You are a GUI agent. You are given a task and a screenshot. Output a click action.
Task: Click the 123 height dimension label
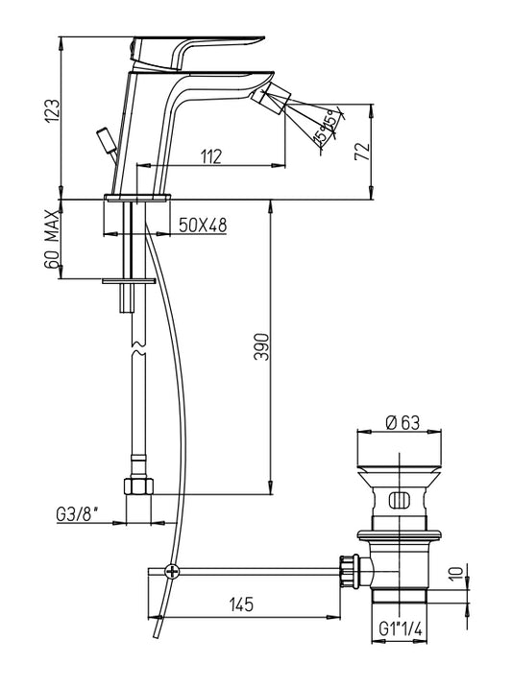pyautogui.click(x=51, y=111)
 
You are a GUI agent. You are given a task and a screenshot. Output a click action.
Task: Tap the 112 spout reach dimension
pyautogui.click(x=211, y=156)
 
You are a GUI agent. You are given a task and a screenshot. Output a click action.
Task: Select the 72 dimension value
pyautogui.click(x=362, y=152)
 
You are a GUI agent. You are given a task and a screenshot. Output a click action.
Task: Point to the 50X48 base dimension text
pyautogui.click(x=203, y=225)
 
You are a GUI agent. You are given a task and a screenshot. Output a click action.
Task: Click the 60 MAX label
pyautogui.click(x=51, y=239)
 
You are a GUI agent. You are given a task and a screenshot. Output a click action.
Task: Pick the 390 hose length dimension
pyautogui.click(x=261, y=346)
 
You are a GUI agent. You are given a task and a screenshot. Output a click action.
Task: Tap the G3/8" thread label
pyautogui.click(x=77, y=514)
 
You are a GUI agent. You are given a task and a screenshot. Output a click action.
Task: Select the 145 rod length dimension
pyautogui.click(x=241, y=604)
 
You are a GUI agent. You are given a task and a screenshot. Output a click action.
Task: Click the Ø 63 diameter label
pyautogui.click(x=402, y=423)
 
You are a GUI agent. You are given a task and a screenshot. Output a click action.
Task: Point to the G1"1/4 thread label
pyautogui.click(x=401, y=629)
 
